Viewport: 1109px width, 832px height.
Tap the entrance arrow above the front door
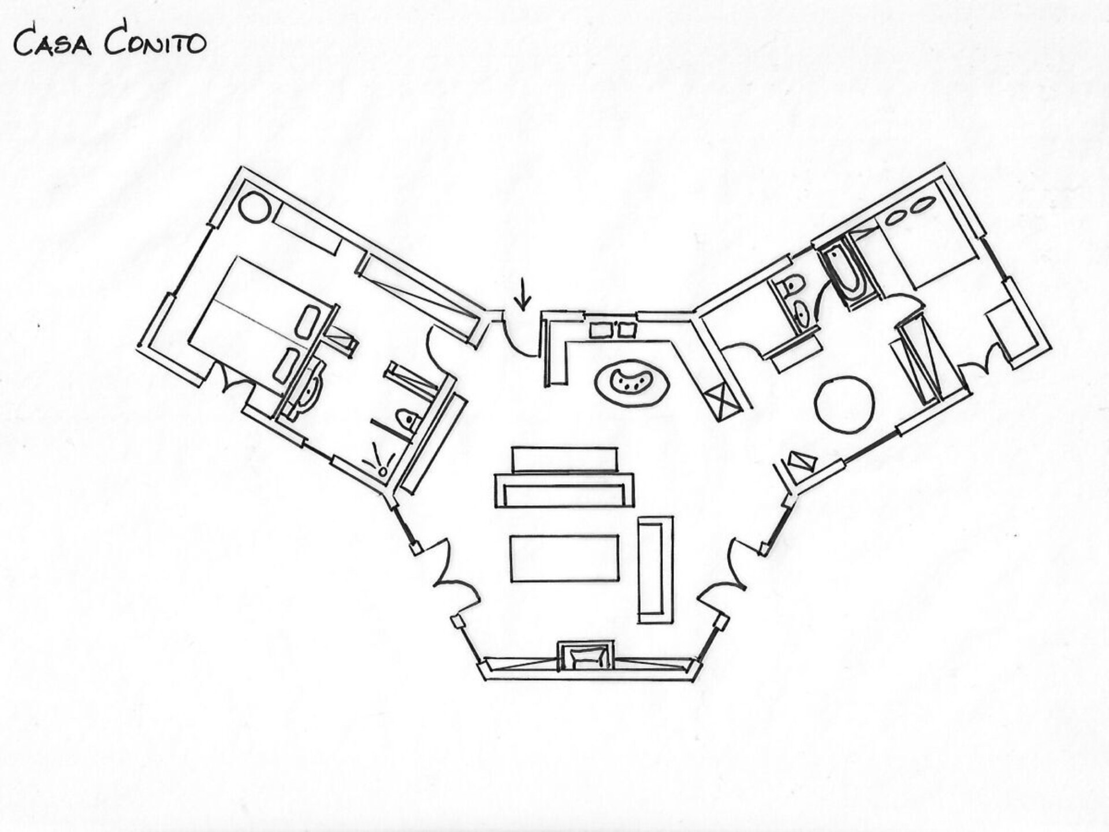point(523,294)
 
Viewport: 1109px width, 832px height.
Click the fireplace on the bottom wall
point(585,656)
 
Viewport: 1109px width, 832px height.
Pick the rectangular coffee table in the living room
point(564,559)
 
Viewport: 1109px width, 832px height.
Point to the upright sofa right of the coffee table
point(655,570)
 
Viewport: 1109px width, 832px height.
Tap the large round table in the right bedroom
point(844,404)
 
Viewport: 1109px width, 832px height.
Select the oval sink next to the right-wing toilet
point(802,313)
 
